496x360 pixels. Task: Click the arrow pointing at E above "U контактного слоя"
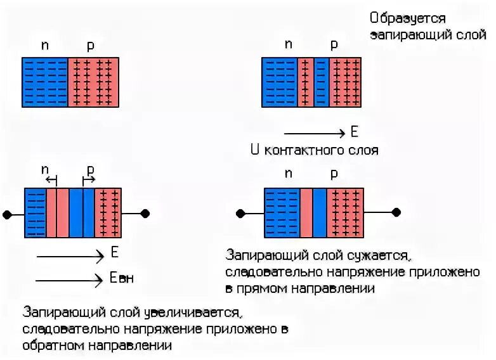(x=314, y=134)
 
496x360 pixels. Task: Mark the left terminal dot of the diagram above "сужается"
(x=240, y=212)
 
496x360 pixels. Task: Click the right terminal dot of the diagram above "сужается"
(x=397, y=212)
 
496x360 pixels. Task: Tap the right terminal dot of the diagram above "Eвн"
(x=145, y=213)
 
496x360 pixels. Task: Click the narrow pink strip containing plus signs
(x=305, y=82)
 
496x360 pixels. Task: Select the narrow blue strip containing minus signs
(x=322, y=82)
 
